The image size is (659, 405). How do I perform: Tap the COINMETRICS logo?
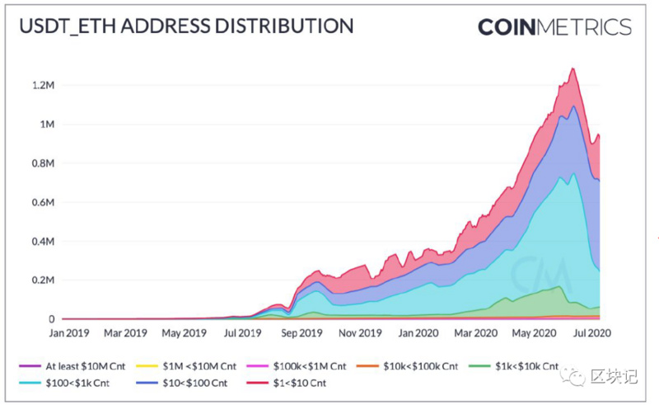554,26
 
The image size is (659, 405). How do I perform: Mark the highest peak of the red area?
572,69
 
